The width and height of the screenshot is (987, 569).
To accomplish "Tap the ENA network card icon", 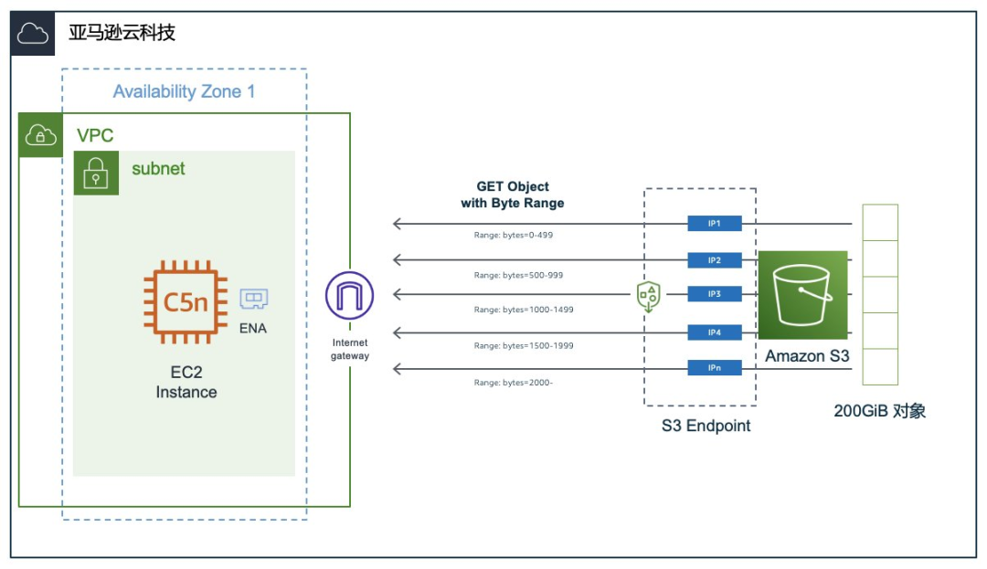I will pyautogui.click(x=253, y=300).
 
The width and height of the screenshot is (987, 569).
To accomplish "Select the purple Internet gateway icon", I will pyautogui.click(x=350, y=296).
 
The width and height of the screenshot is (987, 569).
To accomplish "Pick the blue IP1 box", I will pyautogui.click(x=715, y=224).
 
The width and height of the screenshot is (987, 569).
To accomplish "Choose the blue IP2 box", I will pyautogui.click(x=715, y=260).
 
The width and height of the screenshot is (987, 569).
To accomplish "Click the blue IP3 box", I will pyautogui.click(x=715, y=294).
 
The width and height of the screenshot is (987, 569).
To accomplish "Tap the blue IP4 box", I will pyautogui.click(x=715, y=332).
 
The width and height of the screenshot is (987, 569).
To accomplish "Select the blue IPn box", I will pyautogui.click(x=715, y=368).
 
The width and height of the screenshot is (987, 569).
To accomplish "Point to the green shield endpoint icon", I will pyautogui.click(x=648, y=296).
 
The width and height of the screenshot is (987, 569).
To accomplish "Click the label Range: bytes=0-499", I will pyautogui.click(x=514, y=235).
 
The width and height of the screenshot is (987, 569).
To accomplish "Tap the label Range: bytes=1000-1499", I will pyautogui.click(x=524, y=310).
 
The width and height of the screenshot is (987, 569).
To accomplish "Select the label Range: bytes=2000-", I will pyautogui.click(x=514, y=383).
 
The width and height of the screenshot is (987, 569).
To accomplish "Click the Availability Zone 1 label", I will pyautogui.click(x=184, y=91).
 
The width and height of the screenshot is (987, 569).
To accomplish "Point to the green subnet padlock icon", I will pyautogui.click(x=96, y=173).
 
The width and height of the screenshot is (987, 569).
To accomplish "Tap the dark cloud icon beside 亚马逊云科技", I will pyautogui.click(x=33, y=34).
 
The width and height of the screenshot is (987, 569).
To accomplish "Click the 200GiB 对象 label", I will pyautogui.click(x=879, y=411).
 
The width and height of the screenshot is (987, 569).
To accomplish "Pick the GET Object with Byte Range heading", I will pyautogui.click(x=513, y=195).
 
